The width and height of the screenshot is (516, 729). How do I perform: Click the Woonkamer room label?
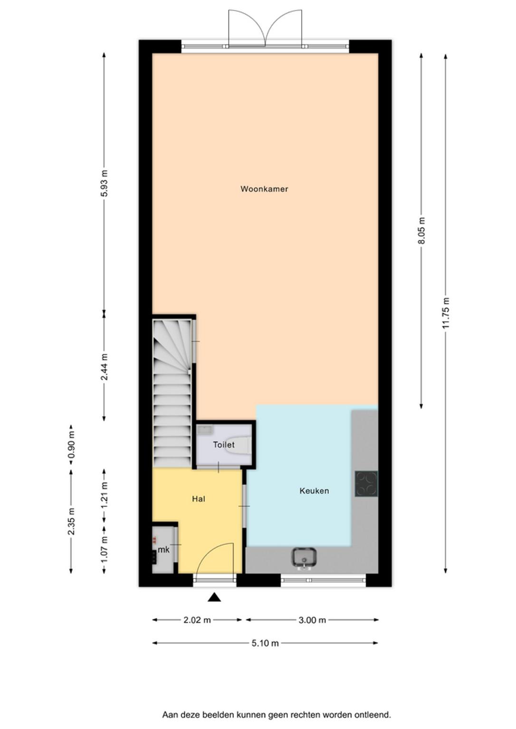[264, 189]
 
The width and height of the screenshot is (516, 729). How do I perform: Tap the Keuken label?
[314, 491]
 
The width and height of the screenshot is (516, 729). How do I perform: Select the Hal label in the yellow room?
[199, 499]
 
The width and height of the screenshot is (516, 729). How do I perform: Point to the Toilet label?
[224, 445]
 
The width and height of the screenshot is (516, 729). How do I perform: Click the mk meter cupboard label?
[163, 550]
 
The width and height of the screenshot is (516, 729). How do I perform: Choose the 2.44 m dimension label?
[104, 367]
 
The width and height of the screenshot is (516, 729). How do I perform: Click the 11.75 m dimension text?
[446, 313]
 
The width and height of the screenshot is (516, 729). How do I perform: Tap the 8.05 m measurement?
[422, 230]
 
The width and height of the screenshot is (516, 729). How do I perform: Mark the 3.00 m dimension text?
[312, 620]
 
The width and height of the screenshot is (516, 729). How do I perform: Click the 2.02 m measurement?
[197, 620]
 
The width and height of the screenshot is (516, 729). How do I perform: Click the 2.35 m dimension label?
[71, 521]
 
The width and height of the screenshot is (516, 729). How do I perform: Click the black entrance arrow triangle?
[214, 597]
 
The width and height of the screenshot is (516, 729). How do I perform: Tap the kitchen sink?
[304, 559]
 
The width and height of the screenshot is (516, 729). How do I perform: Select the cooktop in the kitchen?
[366, 483]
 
